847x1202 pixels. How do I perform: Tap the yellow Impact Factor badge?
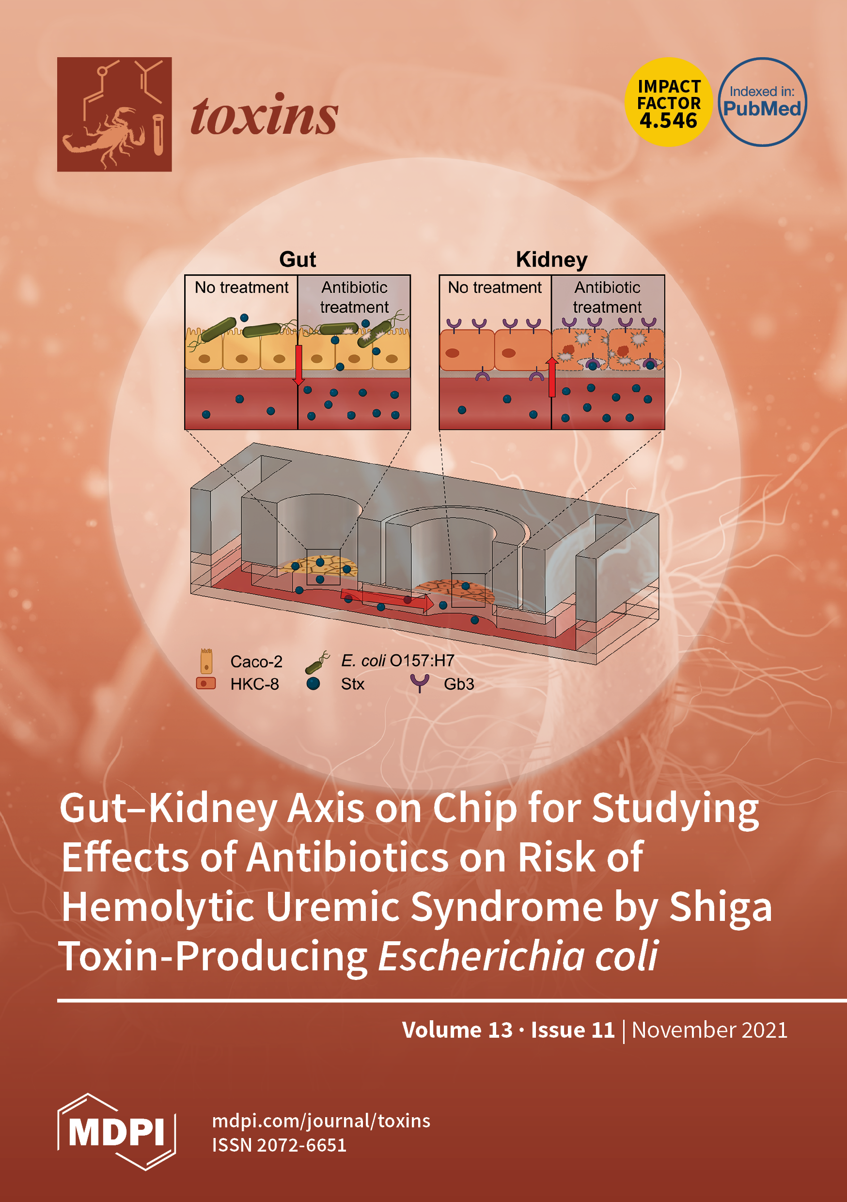pos(669,102)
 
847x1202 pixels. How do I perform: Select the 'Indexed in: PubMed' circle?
pos(762,102)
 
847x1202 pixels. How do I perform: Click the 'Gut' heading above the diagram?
pos(298,260)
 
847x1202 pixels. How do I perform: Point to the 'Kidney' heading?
pos(551,260)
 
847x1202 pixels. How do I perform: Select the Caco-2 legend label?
pos(256,662)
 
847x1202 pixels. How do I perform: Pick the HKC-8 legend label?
pos(254,684)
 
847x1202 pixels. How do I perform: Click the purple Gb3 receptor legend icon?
pos(419,683)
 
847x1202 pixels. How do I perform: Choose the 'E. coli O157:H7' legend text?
pos(397,661)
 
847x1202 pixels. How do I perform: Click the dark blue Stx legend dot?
pos(313,683)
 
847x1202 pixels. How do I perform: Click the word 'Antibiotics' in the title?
pos(347,857)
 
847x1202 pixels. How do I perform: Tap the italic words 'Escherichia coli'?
pos(517,956)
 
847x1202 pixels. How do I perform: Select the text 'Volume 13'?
pos(457,1030)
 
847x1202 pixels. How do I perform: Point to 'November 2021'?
pos(709,1030)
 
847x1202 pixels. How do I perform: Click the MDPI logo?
pos(116,1132)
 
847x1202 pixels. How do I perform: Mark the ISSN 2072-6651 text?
pos(279,1145)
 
